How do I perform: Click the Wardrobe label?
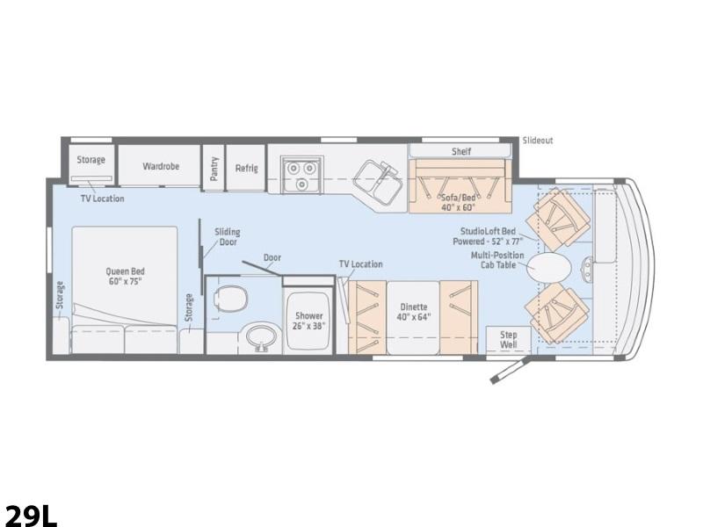(161, 166)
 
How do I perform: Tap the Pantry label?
(214, 169)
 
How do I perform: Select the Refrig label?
(247, 168)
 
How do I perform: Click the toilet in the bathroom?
(231, 299)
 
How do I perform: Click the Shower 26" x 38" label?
(308, 321)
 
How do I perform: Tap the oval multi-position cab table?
(548, 268)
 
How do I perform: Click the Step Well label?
(509, 340)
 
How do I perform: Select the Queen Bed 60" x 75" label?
(125, 276)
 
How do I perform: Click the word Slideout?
(538, 141)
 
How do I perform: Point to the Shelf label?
(460, 151)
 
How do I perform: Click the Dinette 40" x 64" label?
(413, 312)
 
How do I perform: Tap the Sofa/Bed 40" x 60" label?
(458, 203)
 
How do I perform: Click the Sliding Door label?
(228, 236)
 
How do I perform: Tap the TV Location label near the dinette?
(360, 264)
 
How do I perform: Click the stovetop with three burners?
(301, 174)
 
